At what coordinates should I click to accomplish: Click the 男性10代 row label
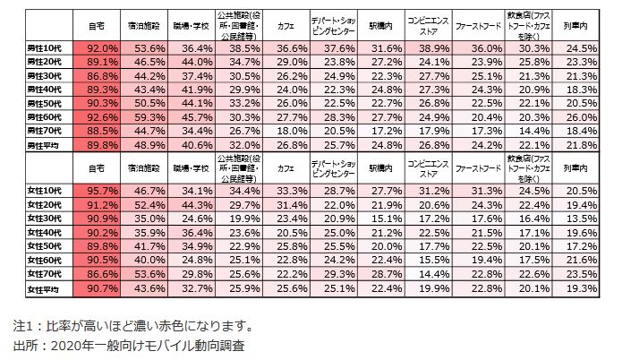tap(45, 47)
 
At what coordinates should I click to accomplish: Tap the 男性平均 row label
tap(45, 143)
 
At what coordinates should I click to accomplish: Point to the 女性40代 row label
tap(45, 232)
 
